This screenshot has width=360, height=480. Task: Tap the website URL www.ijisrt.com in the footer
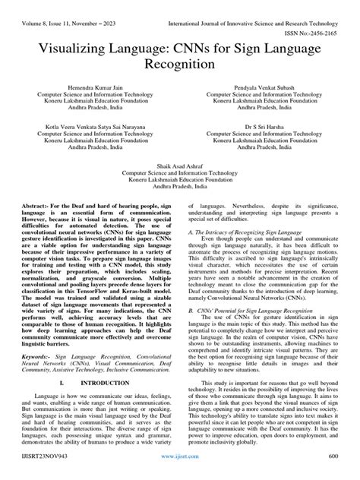click(180, 472)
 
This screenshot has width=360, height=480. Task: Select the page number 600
click(341, 472)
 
